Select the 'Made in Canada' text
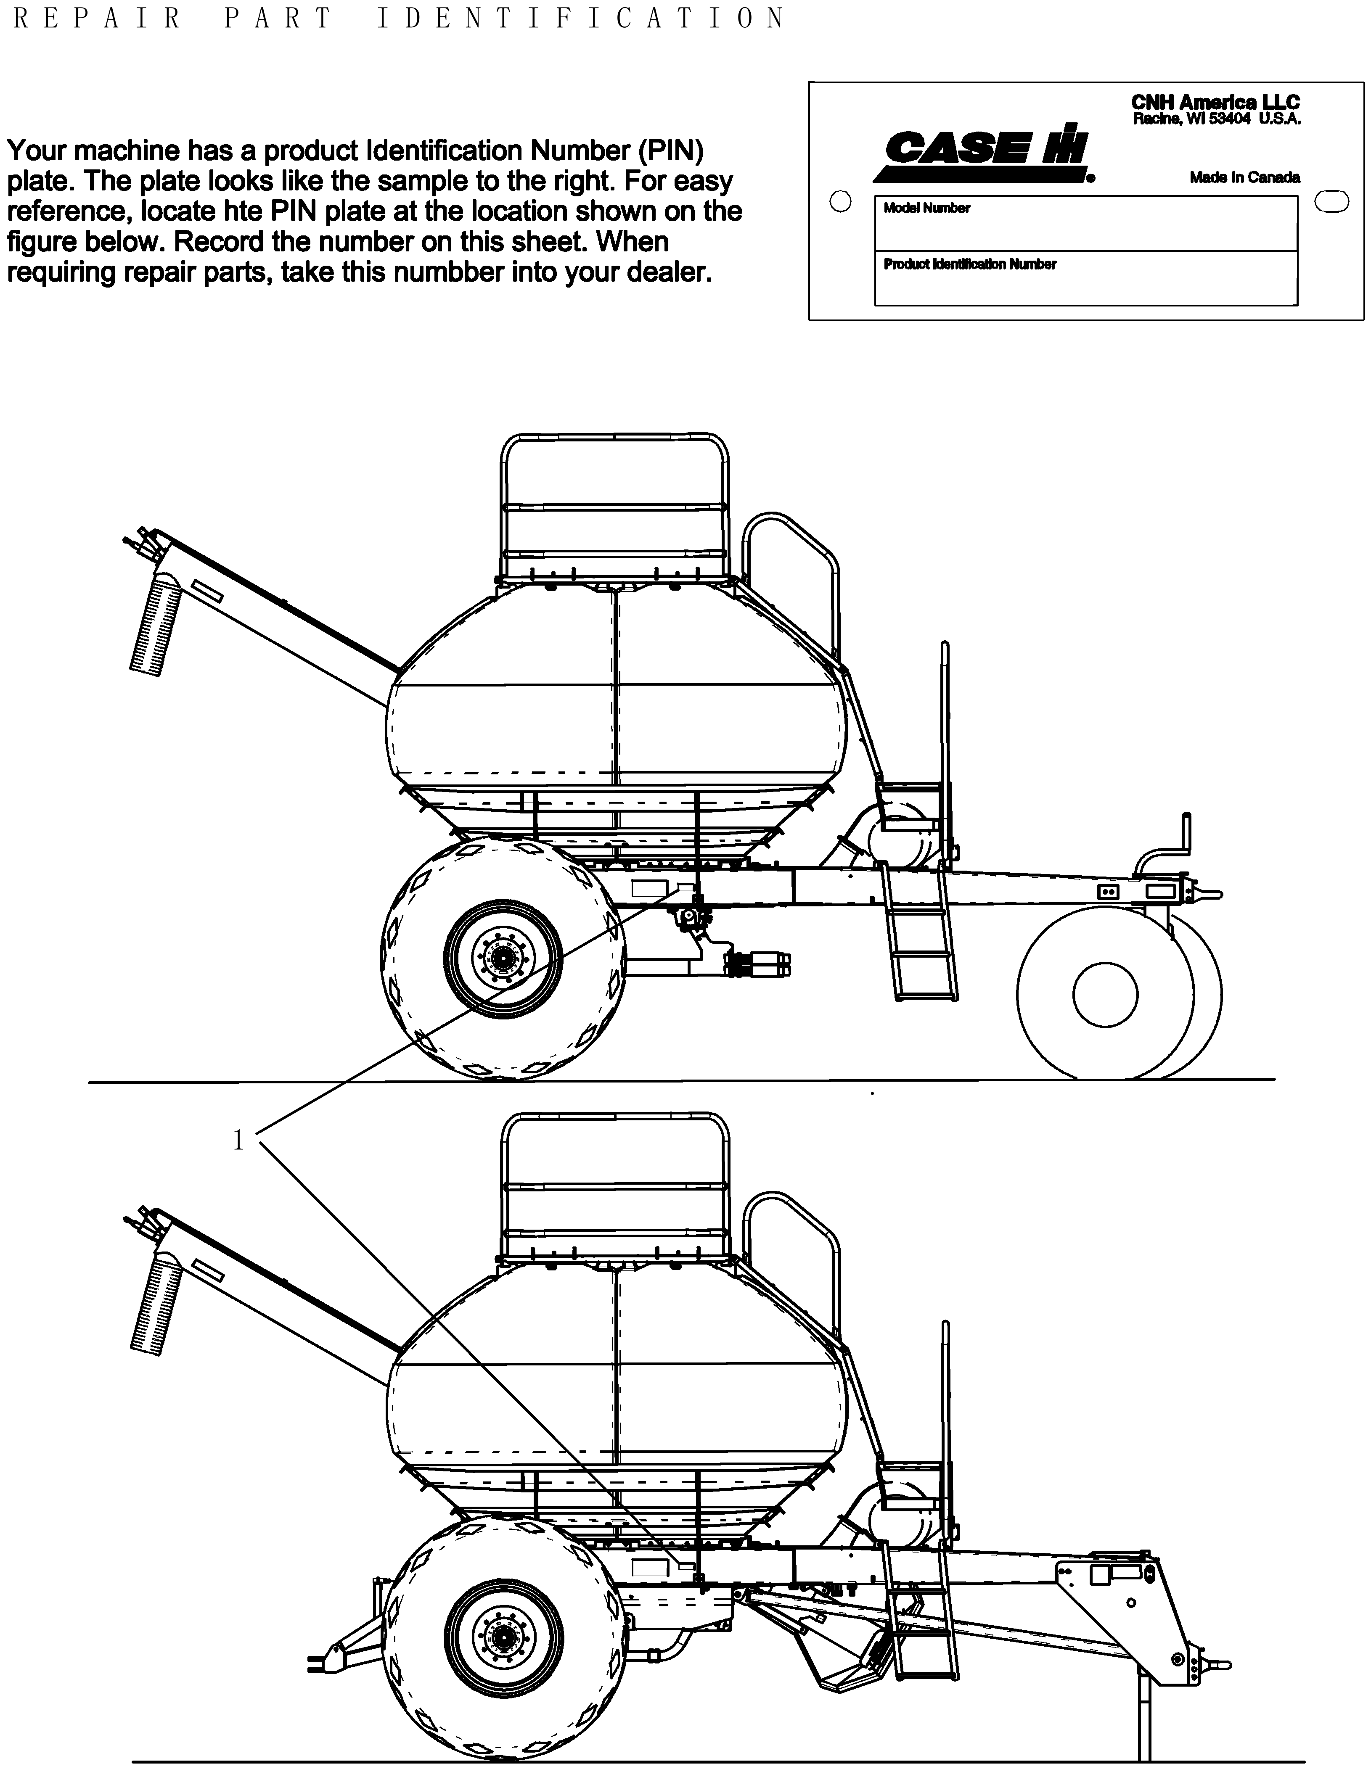pyautogui.click(x=1244, y=177)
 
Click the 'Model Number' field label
pyautogui.click(x=926, y=208)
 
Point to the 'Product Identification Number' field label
pyautogui.click(x=969, y=264)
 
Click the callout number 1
pyautogui.click(x=238, y=1141)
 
